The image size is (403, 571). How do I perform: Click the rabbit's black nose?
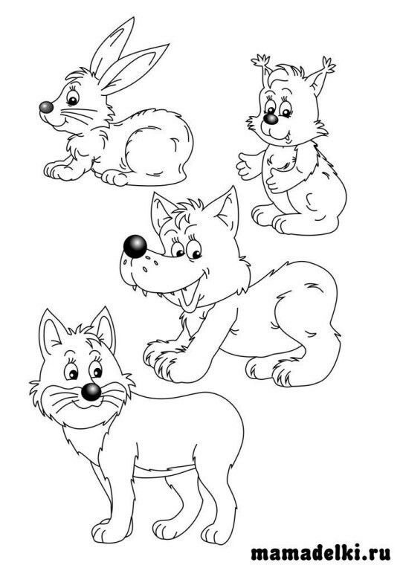[x=46, y=107]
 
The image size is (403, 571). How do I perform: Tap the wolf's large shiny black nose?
[x=135, y=247]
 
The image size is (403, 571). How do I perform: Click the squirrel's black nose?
[x=271, y=119]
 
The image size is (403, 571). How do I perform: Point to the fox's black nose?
[x=91, y=392]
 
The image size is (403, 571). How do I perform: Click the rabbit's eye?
[x=72, y=97]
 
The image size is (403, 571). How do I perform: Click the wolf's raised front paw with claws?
[x=164, y=361]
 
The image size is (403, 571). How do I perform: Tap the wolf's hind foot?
[x=288, y=374]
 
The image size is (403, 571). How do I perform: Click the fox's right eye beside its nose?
[x=97, y=372]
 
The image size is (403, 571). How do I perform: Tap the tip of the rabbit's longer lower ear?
[x=168, y=45]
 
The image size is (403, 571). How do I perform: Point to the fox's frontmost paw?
[x=106, y=535]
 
